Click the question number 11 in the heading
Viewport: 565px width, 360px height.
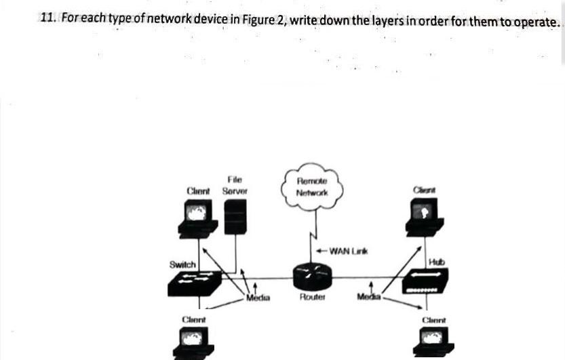pos(47,20)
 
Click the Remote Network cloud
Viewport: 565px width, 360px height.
pos(312,186)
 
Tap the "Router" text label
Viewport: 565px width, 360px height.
pos(312,297)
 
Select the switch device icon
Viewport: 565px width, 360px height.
pos(194,284)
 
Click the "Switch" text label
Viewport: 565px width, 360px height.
pos(182,264)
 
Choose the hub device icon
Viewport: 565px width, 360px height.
pos(425,281)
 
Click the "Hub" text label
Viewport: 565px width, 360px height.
pos(435,262)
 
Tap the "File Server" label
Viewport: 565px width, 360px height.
pos(235,185)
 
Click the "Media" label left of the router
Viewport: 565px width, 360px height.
pos(258,297)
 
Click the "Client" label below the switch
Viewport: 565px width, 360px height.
pos(194,318)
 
